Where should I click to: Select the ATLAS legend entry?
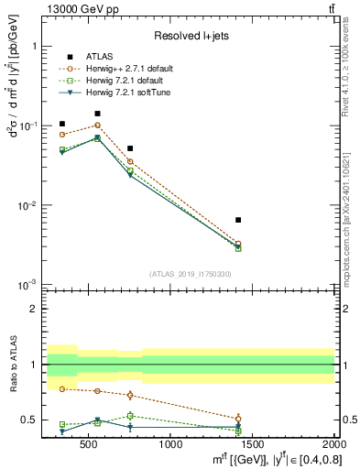[100, 57]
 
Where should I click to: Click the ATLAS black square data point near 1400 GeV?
[238, 220]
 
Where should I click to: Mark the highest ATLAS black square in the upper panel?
[98, 114]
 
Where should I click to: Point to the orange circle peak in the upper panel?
[98, 125]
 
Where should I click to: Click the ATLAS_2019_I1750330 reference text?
[191, 274]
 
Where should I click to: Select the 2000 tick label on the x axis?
[333, 445]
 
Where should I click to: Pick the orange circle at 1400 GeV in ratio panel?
[238, 419]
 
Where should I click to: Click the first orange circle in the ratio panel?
[62, 388]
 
